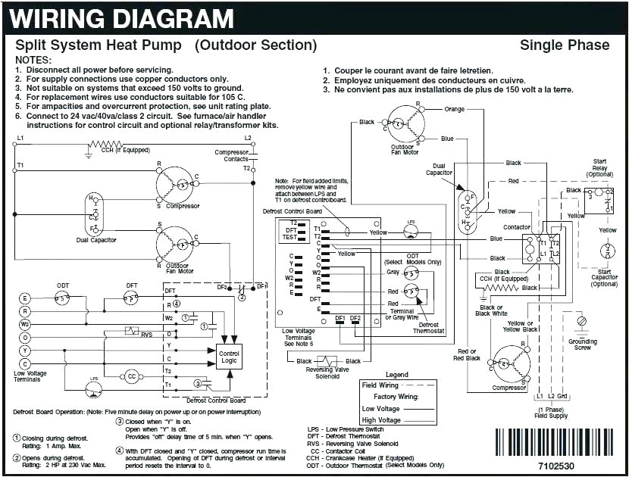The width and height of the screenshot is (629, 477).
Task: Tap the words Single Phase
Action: [x=564, y=45]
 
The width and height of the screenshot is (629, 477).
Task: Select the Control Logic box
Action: [x=229, y=358]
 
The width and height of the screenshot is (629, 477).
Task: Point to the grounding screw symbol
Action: [x=582, y=322]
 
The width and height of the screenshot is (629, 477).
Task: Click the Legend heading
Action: [x=396, y=375]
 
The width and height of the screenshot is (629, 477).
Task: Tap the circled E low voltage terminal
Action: [x=25, y=298]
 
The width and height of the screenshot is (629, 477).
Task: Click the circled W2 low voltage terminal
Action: [x=25, y=324]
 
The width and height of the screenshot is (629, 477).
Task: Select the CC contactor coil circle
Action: [x=131, y=376]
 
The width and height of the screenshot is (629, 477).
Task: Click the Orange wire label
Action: [x=455, y=109]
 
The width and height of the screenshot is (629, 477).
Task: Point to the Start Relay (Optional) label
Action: [x=599, y=167]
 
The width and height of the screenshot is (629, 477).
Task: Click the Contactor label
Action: [x=517, y=227]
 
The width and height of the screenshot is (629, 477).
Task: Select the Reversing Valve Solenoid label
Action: [x=327, y=373]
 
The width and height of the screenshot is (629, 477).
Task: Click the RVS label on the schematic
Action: [x=146, y=334]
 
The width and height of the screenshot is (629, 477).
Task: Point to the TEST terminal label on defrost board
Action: [x=289, y=237]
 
